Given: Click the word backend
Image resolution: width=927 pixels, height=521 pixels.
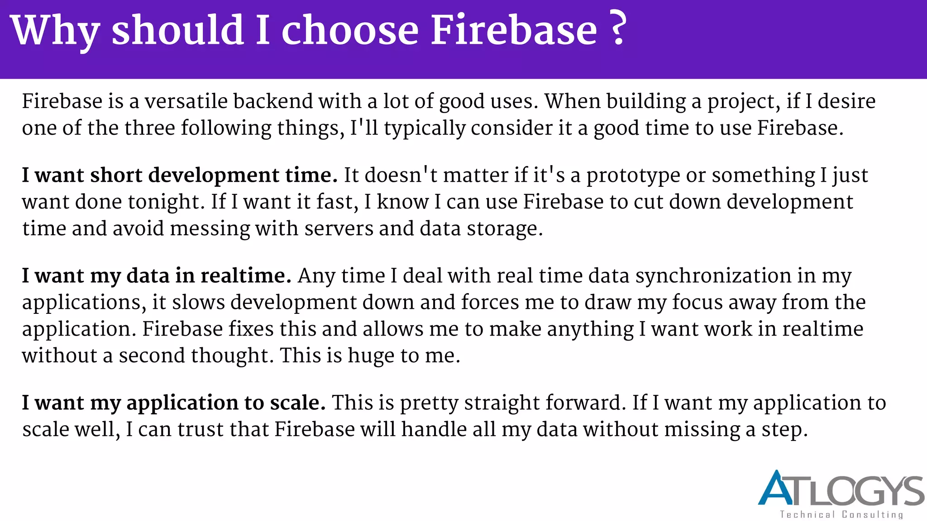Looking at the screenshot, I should [x=273, y=101].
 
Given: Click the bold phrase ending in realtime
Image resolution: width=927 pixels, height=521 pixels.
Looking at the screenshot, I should [x=157, y=276].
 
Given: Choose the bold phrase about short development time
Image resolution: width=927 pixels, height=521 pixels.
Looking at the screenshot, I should [x=180, y=175].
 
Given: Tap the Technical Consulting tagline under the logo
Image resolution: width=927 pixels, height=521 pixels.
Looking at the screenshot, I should [x=841, y=515].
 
